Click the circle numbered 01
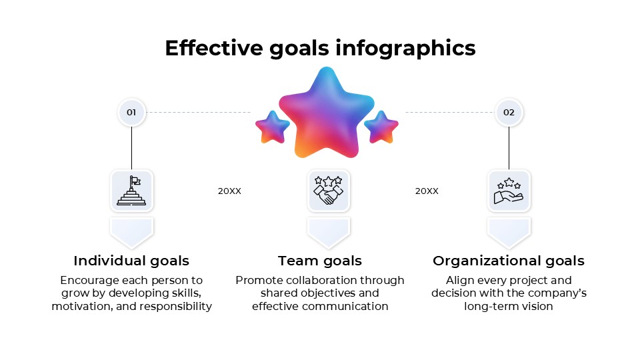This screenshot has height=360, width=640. point(131,113)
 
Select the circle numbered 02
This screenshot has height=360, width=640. point(509,113)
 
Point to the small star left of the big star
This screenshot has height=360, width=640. point(272,127)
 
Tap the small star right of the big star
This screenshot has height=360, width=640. point(381,127)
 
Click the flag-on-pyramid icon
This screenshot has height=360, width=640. point(131,191)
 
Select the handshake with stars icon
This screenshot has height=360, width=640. point(328,191)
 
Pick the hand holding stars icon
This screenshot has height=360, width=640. point(509,191)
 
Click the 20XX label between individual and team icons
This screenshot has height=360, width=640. point(229,191)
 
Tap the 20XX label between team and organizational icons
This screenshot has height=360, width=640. point(427,191)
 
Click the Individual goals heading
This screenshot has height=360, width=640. point(131,261)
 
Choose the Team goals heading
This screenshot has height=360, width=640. point(320,261)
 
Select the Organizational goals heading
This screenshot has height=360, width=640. point(509,261)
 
